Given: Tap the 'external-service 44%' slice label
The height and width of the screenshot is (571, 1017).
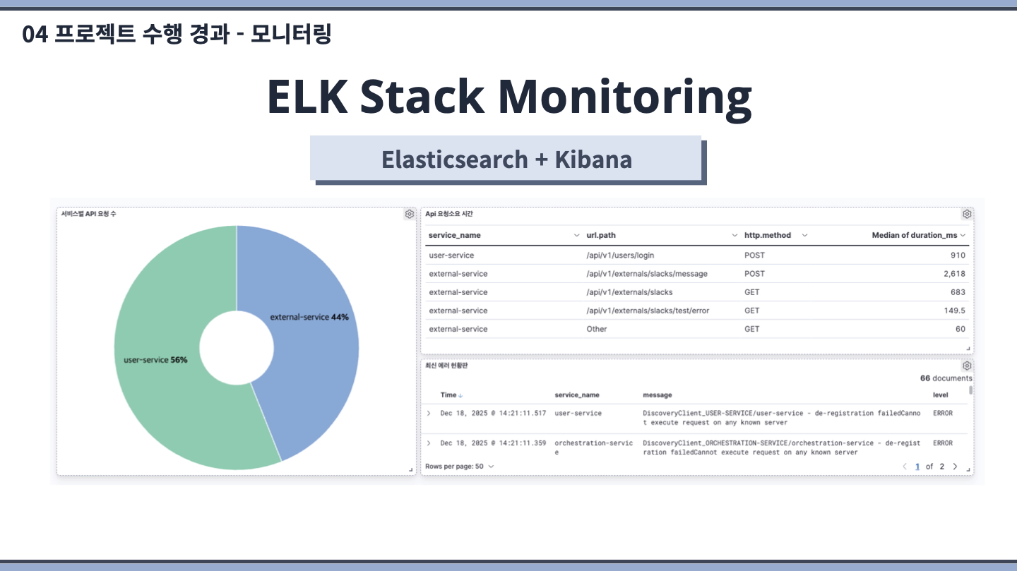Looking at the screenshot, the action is coord(309,318).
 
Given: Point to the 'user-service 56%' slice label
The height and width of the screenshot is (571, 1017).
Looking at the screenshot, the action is coord(155,360).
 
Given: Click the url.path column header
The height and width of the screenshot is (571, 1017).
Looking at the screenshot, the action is coord(600,235).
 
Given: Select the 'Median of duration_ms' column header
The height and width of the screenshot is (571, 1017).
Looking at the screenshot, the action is coord(915,235).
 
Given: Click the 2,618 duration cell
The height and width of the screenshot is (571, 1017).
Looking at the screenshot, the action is coord(954,274).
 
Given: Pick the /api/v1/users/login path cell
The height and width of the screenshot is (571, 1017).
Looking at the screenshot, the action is coord(620,255).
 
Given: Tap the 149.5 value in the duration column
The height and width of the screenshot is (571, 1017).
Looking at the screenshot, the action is coord(954,311).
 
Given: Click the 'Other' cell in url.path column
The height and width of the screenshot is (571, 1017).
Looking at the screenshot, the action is coord(596,329).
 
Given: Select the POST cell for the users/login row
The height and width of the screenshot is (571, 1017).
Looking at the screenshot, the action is coord(754,255).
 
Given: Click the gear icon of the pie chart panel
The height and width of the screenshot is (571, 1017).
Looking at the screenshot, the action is coord(409,214).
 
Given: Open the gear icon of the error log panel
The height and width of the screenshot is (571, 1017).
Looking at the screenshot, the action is coord(967,366).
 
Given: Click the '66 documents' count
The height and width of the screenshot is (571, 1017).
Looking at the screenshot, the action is coord(946,378).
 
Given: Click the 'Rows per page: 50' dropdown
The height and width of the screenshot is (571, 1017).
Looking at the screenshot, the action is coord(459,466).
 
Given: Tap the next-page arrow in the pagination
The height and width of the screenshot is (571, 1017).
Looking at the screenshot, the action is coord(956,466).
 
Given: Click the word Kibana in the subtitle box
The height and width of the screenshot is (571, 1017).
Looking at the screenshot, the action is coord(593,160).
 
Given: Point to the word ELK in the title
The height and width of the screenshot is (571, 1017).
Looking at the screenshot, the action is coord(307,96).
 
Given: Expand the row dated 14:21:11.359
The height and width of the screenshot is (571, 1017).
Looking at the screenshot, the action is coord(429,443).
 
